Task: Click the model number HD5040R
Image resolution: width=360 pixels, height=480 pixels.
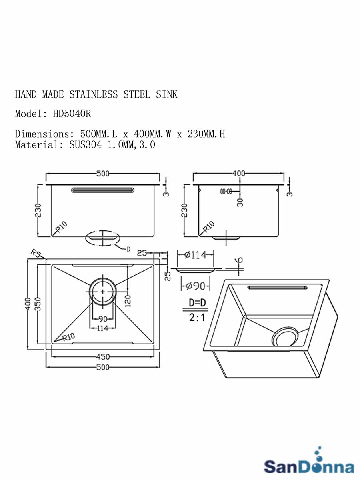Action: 72,114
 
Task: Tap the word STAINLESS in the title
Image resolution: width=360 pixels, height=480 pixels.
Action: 94,94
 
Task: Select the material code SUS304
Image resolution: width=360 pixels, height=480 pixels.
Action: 86,145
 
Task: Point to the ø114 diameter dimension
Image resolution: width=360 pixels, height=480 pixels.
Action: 195,255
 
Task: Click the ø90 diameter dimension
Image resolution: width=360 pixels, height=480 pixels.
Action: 195,286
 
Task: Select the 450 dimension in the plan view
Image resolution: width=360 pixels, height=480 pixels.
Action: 103,357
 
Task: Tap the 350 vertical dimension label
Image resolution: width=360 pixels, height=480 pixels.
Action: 38,304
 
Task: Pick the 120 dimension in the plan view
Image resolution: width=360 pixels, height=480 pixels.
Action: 128,301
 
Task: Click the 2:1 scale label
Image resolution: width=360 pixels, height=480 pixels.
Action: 197,318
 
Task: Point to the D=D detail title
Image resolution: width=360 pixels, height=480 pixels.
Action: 197,303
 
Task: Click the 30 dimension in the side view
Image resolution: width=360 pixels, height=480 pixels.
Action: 240,203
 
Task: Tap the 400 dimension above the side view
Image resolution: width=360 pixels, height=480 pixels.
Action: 239,174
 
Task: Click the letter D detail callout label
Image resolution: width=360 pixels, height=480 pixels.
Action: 129,249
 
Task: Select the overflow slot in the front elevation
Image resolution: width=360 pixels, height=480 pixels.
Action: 103,190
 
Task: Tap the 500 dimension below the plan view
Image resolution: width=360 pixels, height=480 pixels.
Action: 103,367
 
